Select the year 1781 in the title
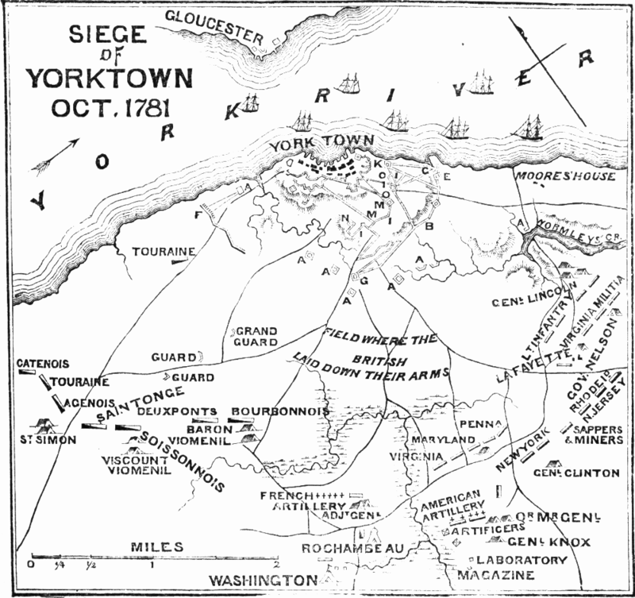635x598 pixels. point(148,105)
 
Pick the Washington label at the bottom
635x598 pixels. point(263,581)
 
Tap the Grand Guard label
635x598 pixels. point(256,336)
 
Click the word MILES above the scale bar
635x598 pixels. point(159,547)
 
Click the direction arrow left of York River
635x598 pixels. point(56,155)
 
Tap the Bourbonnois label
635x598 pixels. point(279,411)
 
